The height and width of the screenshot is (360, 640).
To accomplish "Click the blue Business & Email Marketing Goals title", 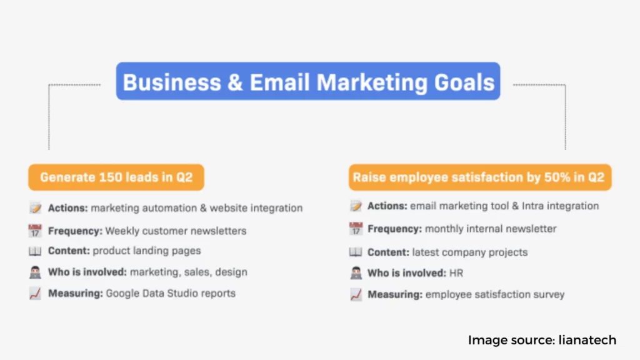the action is (308, 81).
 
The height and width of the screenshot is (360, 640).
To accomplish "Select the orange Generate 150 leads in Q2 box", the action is (116, 177).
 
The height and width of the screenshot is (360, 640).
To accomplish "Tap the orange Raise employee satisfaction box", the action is (480, 177).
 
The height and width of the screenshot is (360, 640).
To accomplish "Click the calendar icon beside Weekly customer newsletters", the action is (35, 231).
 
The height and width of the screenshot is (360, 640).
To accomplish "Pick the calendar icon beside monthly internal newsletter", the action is (356, 229).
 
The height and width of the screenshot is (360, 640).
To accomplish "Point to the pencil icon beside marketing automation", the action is (35, 207).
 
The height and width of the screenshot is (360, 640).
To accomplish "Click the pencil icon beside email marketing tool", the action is (356, 206).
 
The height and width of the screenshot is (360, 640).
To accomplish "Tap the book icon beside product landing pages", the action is (35, 251).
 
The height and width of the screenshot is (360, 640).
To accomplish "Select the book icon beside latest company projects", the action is (356, 252).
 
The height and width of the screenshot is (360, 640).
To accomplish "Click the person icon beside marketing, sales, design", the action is (35, 272).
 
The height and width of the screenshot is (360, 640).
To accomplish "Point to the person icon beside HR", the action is (356, 273).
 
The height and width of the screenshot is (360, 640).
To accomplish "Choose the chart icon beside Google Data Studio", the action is (35, 293).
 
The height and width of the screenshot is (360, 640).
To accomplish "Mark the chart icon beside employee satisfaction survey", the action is (356, 294).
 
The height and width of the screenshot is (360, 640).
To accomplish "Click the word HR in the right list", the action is (456, 273).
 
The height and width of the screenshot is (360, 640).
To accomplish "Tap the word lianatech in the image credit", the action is (587, 340).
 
